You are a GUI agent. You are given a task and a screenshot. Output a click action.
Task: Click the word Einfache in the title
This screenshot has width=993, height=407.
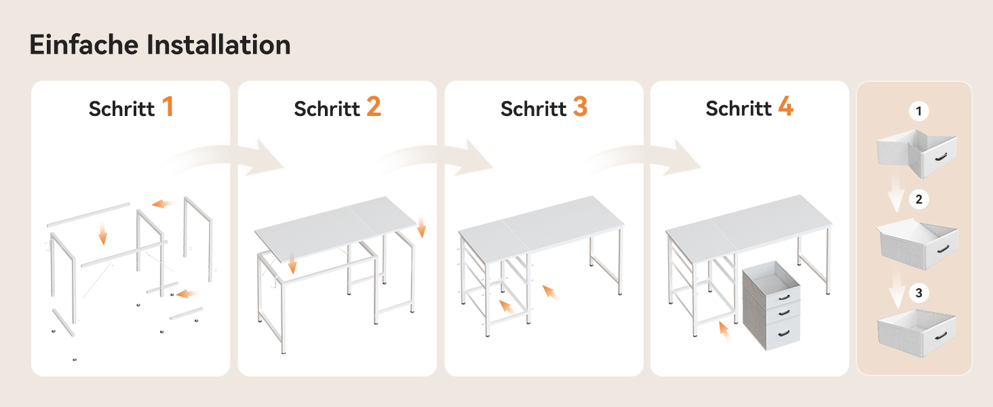point(84,45)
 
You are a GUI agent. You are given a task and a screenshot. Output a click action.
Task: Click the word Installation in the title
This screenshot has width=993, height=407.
point(218,45)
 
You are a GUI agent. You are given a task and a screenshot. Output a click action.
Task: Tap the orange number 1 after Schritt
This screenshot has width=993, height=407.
point(168,106)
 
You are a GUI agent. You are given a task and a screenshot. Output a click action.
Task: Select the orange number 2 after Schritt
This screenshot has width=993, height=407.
point(374,106)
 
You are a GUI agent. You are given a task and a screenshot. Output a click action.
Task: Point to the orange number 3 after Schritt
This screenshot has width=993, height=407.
point(581,106)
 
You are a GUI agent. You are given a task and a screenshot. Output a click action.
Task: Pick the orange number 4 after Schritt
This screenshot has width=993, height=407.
point(786,106)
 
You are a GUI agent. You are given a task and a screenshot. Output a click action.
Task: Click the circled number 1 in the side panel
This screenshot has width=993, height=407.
point(918,111)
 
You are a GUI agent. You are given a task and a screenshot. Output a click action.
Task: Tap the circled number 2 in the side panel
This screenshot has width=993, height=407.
point(918,199)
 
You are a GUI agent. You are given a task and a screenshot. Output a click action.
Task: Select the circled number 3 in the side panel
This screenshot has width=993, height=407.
point(918,292)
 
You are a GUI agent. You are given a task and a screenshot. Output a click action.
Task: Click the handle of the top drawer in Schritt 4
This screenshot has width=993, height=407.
point(784,297)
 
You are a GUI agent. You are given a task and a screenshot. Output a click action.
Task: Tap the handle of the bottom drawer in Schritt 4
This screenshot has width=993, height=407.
point(784,333)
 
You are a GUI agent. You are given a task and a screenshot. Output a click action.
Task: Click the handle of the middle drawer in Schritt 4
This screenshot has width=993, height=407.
point(784,313)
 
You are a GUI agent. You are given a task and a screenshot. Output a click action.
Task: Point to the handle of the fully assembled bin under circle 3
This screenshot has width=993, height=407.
point(941,336)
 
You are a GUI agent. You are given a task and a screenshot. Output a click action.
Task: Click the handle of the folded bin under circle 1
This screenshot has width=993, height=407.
point(941,157)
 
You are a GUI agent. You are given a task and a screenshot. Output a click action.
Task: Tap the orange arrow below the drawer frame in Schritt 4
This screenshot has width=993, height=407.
point(724,331)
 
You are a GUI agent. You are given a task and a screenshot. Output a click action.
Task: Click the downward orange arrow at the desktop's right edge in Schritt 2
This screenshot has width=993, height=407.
point(421,226)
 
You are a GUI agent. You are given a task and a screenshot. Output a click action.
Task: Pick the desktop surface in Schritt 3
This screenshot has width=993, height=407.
point(541,225)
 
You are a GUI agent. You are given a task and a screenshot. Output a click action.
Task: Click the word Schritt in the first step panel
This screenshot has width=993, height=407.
point(121,109)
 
